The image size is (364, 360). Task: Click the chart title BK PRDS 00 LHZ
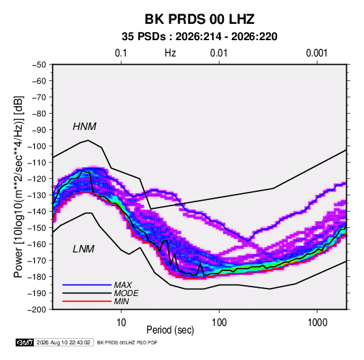[x=199, y=19]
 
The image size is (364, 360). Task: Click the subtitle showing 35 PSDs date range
[x=199, y=37]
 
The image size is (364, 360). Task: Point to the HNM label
[x=84, y=127]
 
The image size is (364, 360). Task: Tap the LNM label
[x=84, y=249]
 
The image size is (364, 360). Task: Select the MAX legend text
[x=122, y=284]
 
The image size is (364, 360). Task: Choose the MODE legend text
[x=127, y=293]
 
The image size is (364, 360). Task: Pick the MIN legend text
[x=121, y=301]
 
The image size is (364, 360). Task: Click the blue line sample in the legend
[x=87, y=284]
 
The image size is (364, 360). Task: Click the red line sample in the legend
[x=87, y=301]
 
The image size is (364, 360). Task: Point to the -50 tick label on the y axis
[x=39, y=65]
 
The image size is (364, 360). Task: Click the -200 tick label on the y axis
[x=37, y=310]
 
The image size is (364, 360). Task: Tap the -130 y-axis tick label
[x=37, y=195]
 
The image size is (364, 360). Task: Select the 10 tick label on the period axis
[x=121, y=323]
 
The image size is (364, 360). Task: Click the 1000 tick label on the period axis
[x=317, y=323]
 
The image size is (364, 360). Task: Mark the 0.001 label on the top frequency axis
[x=316, y=53]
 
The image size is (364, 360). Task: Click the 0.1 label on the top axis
[x=121, y=53]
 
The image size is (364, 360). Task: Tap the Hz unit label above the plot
[x=170, y=53]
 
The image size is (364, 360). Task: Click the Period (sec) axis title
[x=170, y=330]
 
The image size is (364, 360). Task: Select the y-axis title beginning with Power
[x=18, y=187]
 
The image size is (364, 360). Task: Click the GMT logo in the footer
[x=25, y=342]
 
